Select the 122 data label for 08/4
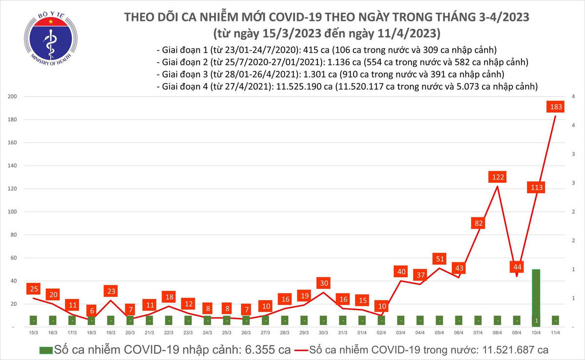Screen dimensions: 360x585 [x=498, y=177]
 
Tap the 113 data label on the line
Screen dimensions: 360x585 [x=537, y=187]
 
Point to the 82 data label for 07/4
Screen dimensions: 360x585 [x=478, y=223]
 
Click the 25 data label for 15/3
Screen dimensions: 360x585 [x=34, y=289]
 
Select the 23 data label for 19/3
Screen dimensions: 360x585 [x=111, y=291]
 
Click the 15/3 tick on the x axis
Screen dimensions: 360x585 [x=34, y=333]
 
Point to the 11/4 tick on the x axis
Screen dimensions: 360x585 [x=555, y=333]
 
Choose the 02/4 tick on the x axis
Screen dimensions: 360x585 [x=381, y=333]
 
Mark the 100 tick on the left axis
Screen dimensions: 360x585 [x=13, y=212]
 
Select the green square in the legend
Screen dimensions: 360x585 [x=46, y=350]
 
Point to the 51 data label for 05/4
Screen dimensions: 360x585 [x=439, y=259]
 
